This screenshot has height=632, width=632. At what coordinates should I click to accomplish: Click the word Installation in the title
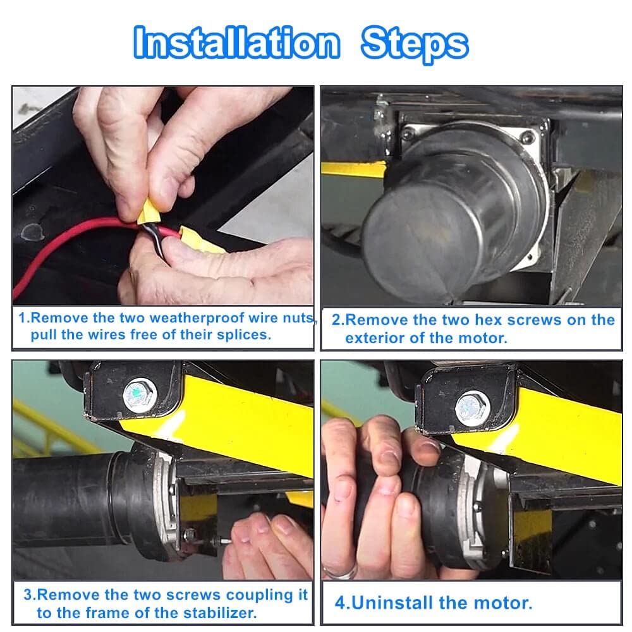click(x=236, y=44)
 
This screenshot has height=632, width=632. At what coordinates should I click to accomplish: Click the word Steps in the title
click(x=414, y=44)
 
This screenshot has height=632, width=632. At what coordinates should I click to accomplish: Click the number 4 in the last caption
click(x=339, y=602)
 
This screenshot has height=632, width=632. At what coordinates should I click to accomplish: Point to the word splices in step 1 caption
click(x=248, y=334)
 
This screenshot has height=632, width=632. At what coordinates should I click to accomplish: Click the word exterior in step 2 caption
click(x=374, y=337)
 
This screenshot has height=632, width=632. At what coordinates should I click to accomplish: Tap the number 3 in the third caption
click(x=28, y=595)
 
